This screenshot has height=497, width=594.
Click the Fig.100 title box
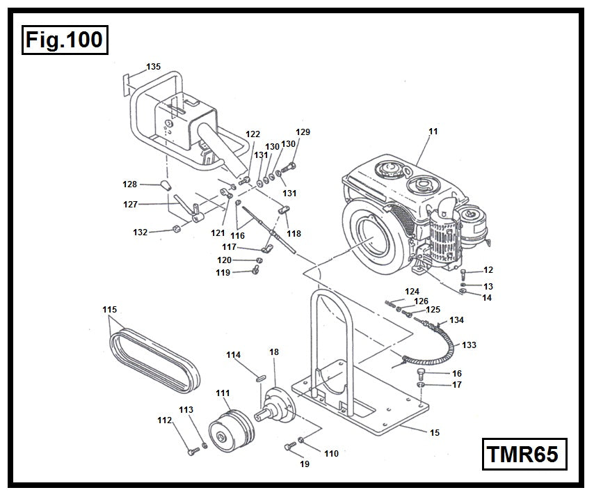64,39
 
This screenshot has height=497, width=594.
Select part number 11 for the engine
433,130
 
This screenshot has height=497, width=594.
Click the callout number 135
153,67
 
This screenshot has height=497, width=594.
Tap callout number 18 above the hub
274,353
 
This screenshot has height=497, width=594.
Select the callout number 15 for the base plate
435,432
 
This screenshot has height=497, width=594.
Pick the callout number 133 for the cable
469,345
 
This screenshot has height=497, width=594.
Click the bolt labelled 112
193,452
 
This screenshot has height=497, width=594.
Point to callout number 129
303,132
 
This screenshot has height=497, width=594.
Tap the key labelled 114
259,378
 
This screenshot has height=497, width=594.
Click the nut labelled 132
178,229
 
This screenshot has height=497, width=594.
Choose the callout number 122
253,134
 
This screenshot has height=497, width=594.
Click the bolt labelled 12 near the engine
465,272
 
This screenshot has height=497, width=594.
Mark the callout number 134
456,320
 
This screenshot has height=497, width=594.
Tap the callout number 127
130,205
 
